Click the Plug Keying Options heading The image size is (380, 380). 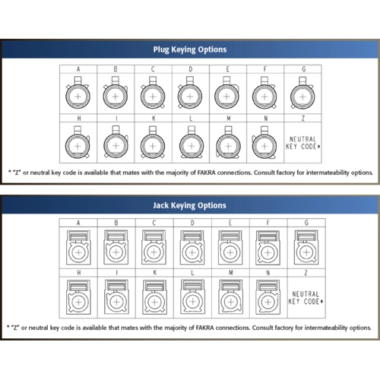[x=190, y=49]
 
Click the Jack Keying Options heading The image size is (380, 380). [x=189, y=205]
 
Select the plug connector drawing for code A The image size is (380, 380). [x=78, y=93]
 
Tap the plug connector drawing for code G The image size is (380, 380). [x=302, y=93]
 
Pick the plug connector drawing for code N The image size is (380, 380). [x=264, y=143]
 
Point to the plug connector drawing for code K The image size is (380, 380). [x=153, y=143]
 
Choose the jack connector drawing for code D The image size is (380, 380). [x=192, y=248]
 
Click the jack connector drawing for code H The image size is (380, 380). [x=78, y=297]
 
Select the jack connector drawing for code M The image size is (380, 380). [x=230, y=297]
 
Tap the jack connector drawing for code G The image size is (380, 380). [x=306, y=247]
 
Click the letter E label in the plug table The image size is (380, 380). [x=228, y=69]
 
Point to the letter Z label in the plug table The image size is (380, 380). [x=303, y=119]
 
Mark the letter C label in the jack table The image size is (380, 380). [x=154, y=223]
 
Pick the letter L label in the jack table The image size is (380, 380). [x=192, y=273]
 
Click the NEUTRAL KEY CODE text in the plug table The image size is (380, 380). [x=302, y=143]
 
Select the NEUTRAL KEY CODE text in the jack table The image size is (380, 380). [x=306, y=298]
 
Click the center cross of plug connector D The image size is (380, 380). [x=190, y=97]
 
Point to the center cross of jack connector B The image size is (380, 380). [x=116, y=252]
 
